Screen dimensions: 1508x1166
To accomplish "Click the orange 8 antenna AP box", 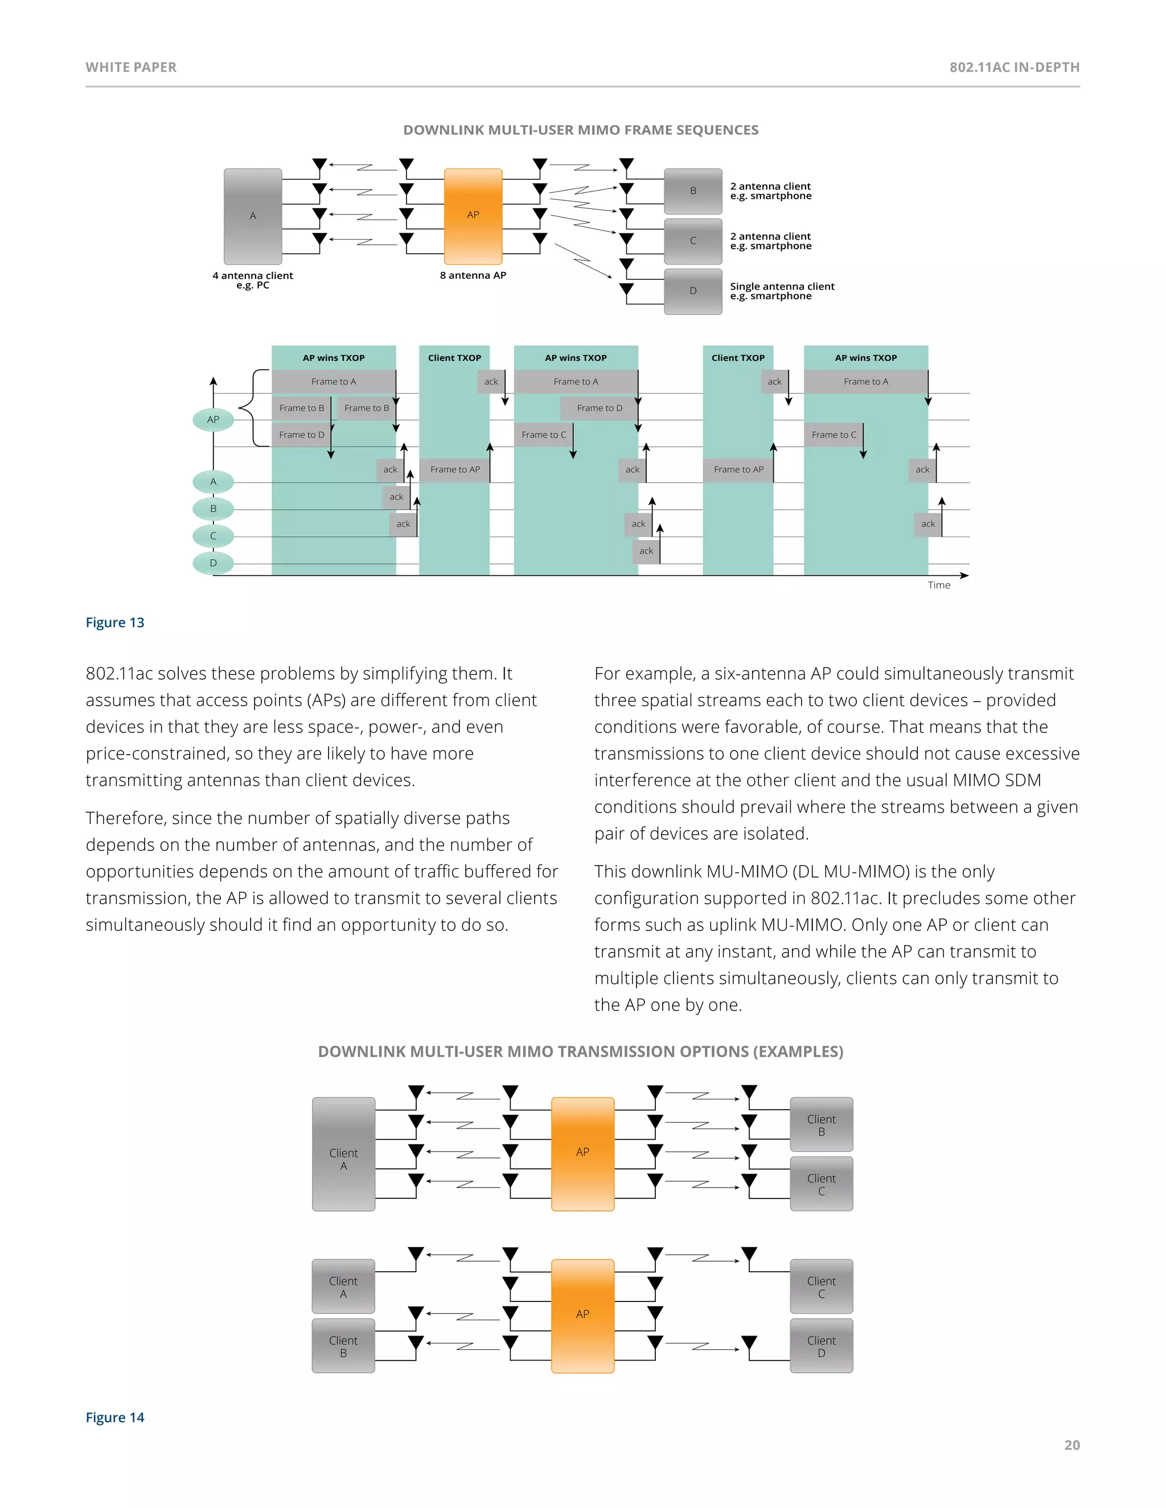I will (x=473, y=216).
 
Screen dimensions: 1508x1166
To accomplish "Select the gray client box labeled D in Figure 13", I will (x=693, y=291).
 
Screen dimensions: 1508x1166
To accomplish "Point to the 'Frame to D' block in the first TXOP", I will (x=301, y=435).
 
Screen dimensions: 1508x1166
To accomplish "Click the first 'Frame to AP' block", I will (x=454, y=469).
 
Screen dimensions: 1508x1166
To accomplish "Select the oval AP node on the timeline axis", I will (x=214, y=420).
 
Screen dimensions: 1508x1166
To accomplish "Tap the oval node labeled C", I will (x=214, y=536).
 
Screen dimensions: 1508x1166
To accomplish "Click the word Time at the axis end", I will (x=938, y=586).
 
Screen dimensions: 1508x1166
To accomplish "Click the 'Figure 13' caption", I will (x=114, y=623).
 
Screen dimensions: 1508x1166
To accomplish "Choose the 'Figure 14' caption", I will (x=114, y=1418).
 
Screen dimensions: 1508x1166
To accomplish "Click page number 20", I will (x=1071, y=1445).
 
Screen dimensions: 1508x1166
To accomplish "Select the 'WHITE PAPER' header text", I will (x=132, y=68).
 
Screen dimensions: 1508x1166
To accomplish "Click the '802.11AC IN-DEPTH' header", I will (x=1014, y=68).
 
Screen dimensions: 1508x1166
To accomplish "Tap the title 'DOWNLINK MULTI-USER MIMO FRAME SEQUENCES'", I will (x=580, y=130).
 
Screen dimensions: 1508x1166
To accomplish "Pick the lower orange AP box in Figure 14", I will (x=582, y=1315).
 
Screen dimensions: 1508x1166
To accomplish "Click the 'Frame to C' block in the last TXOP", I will (x=833, y=435).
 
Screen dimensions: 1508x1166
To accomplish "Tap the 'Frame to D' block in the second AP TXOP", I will (x=599, y=408).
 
